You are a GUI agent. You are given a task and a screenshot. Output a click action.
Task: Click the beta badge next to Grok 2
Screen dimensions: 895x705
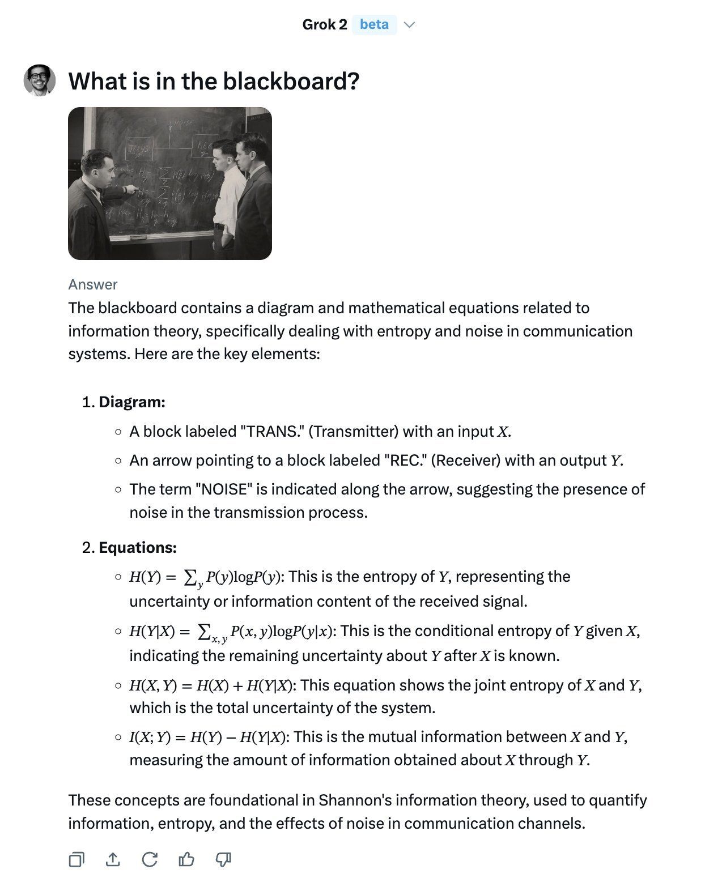[x=374, y=24]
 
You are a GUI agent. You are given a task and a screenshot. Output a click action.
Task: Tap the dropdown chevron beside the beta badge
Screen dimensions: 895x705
[x=409, y=25]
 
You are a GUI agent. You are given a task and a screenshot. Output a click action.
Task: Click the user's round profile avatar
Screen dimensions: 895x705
[x=40, y=80]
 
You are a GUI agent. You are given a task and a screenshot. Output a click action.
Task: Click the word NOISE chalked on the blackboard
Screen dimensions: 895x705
[x=182, y=123]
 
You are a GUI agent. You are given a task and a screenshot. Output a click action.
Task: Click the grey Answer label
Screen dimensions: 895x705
[x=93, y=284]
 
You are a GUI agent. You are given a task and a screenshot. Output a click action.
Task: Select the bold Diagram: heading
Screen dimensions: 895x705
[x=132, y=402]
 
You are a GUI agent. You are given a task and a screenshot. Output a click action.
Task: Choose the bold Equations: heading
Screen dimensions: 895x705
[x=138, y=548]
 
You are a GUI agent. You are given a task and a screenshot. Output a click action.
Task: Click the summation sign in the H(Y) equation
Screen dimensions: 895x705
[x=190, y=577]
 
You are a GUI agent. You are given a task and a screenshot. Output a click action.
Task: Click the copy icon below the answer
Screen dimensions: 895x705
[x=76, y=860]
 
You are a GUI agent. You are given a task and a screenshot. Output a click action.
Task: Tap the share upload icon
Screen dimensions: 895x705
[x=113, y=860]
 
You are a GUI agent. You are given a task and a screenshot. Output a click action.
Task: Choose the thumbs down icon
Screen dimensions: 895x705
[x=223, y=860]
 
